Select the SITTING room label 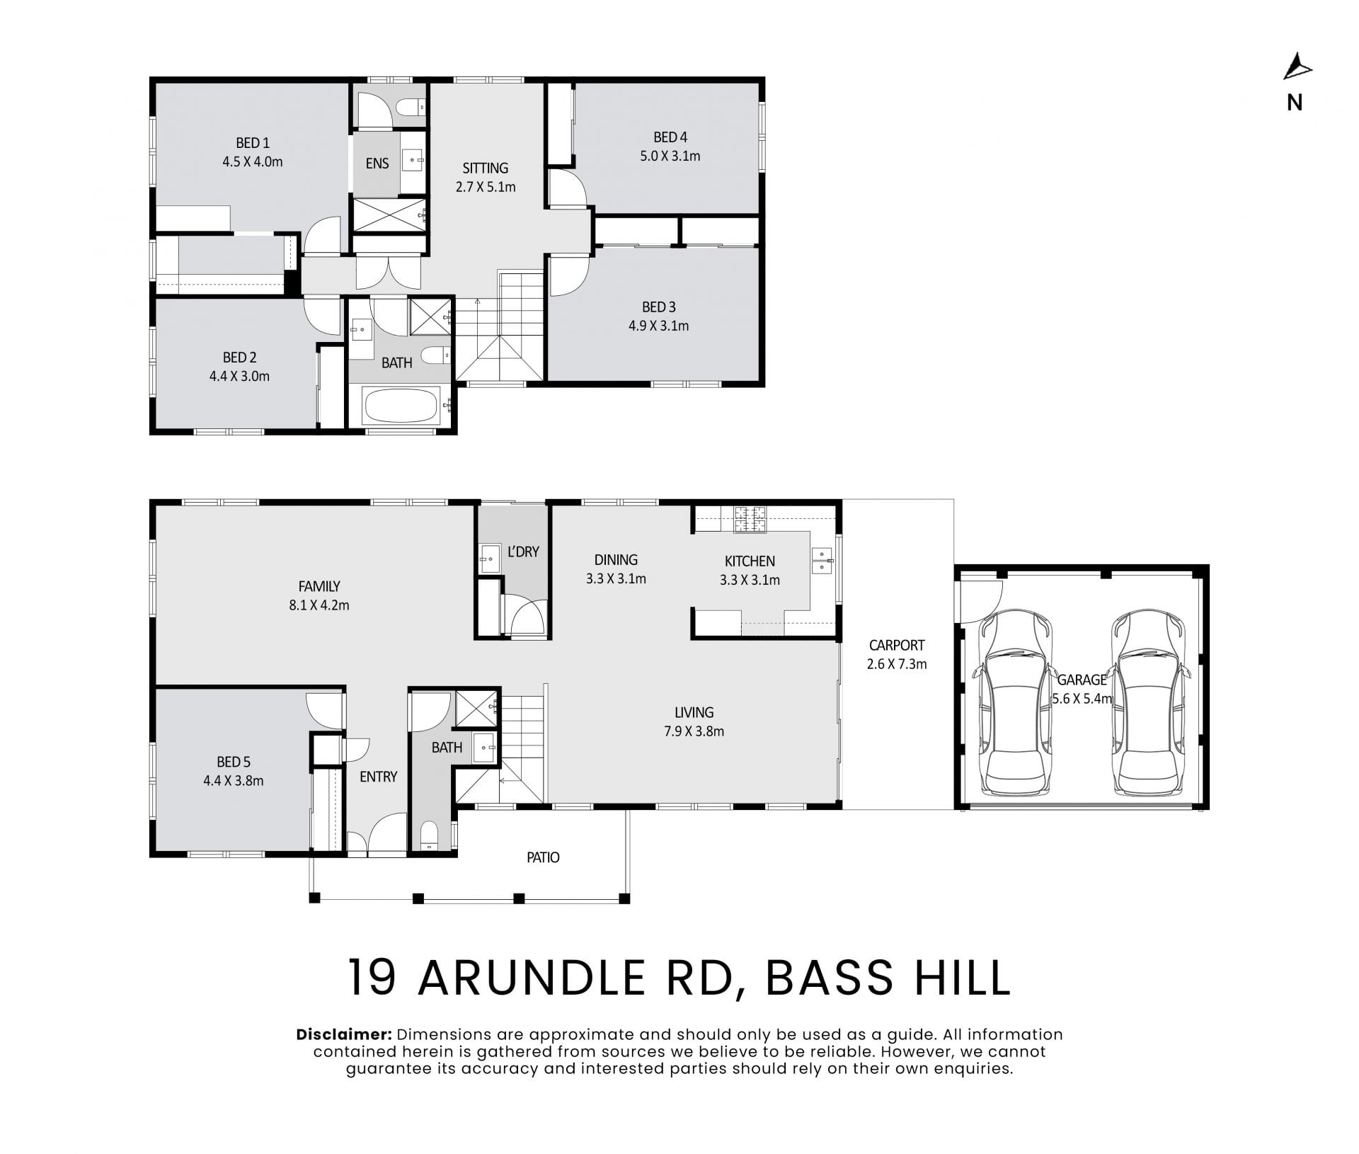pos(486,168)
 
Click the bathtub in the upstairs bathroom pos(401,405)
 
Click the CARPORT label pos(897,646)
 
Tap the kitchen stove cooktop pos(750,520)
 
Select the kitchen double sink pos(823,559)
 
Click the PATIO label pos(543,857)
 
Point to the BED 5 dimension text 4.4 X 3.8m pos(234,781)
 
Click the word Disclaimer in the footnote pos(344,1034)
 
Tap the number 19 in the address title pos(372,978)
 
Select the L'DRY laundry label pos(523,552)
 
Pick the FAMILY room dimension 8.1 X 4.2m pos(319,605)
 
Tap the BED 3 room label pos(659,307)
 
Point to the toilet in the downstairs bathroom pos(430,835)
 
